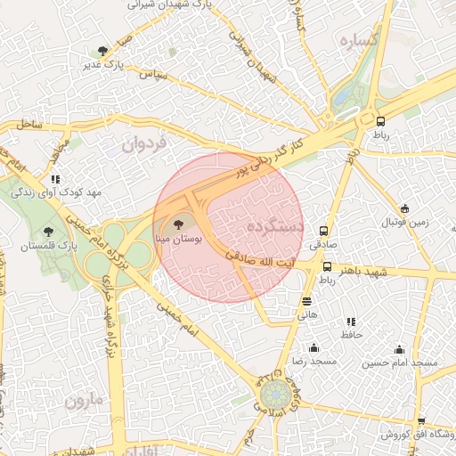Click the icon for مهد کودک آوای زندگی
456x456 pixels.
[x=56, y=179]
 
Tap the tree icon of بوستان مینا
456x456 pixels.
[x=179, y=225]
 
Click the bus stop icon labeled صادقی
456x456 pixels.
[x=323, y=229]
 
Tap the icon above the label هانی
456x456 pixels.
[x=306, y=302]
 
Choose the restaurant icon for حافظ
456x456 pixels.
[x=350, y=321]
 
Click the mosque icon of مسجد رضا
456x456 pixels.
[x=313, y=348]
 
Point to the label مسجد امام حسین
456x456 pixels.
[x=399, y=363]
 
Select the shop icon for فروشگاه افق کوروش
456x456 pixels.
[x=420, y=421]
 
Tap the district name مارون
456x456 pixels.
[x=85, y=401]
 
